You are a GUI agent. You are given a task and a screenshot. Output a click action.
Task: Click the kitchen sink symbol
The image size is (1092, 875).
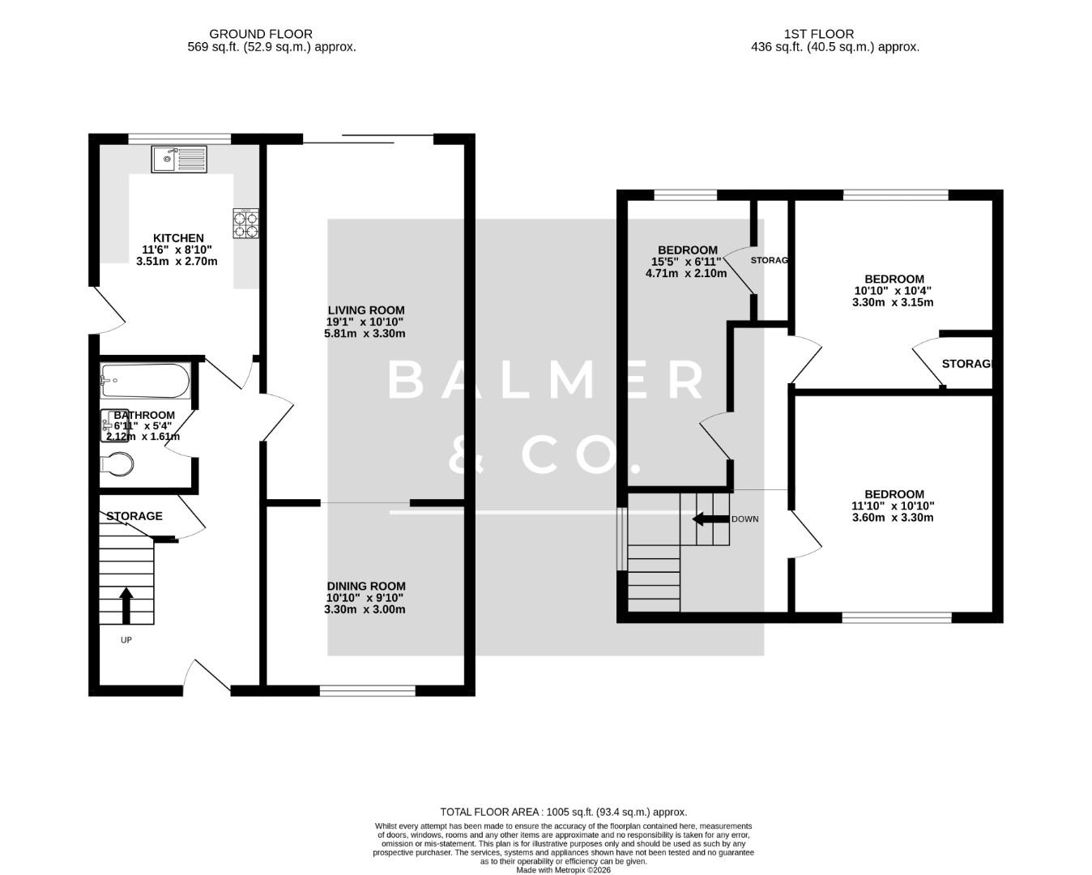(x=179, y=159)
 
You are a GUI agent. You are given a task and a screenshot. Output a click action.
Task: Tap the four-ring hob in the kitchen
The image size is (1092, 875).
(x=246, y=224)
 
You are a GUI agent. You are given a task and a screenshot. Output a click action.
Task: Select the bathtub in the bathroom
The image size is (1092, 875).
(x=145, y=381)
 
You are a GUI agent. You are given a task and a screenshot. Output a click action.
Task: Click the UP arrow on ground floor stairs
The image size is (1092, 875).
(x=126, y=605)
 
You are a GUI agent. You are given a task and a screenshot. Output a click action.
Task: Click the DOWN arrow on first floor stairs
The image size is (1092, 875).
(x=711, y=519)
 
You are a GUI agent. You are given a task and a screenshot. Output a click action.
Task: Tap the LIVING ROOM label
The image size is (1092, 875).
(x=365, y=310)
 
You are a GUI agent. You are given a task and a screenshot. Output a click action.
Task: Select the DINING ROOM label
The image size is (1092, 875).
(x=365, y=586)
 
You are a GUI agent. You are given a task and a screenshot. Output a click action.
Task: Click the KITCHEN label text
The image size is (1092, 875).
(x=178, y=238)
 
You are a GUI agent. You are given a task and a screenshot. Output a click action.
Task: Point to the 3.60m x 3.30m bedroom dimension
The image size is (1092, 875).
(x=893, y=518)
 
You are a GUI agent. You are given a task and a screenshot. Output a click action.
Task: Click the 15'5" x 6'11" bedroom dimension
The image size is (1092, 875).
(x=686, y=262)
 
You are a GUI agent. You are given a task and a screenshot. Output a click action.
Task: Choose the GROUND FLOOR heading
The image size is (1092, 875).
(x=260, y=34)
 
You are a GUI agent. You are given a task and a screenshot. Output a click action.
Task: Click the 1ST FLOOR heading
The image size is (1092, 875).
(x=818, y=34)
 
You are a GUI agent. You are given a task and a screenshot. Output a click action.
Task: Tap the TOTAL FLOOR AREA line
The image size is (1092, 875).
(x=563, y=812)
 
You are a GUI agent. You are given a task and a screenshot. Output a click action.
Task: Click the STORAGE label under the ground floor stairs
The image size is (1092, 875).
(x=134, y=516)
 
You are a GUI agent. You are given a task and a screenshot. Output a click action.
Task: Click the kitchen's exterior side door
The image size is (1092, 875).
(x=107, y=309)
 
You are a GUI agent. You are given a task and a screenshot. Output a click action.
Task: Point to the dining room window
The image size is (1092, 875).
(x=367, y=691)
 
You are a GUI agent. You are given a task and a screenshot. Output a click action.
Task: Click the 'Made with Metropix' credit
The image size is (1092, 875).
(x=563, y=870)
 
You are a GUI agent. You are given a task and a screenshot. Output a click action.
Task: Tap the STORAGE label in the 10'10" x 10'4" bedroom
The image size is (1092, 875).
(x=966, y=364)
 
